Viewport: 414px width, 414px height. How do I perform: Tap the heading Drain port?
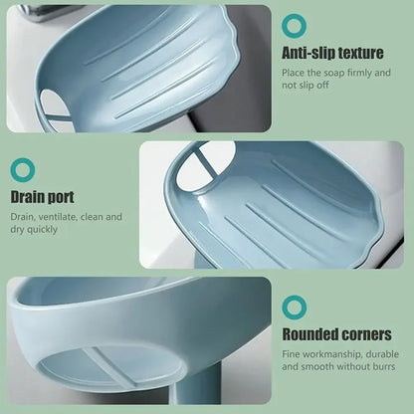(x=42, y=197)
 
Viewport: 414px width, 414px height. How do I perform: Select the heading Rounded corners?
(x=336, y=334)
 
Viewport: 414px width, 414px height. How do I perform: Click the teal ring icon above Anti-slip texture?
(x=295, y=25)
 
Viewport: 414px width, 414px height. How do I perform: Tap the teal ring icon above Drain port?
(x=22, y=169)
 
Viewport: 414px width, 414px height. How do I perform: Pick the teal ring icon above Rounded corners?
(x=295, y=307)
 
